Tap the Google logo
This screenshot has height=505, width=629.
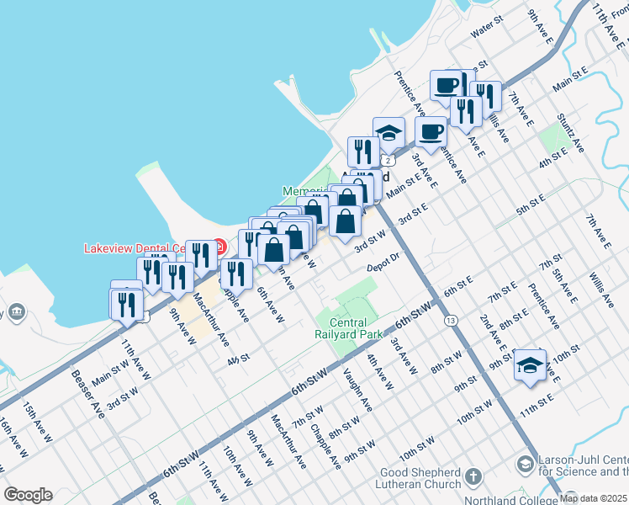[x=28, y=495]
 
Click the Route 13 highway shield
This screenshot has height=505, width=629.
[x=452, y=321]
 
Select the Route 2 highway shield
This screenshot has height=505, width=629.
[x=388, y=159]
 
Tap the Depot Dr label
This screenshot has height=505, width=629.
[x=381, y=268]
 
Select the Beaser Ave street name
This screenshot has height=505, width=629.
[x=87, y=396]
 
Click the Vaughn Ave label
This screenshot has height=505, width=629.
[x=357, y=392]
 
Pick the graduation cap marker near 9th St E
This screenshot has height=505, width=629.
[x=530, y=365]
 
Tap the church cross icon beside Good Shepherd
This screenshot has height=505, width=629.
[x=473, y=477]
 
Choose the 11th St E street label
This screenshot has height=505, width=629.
[x=536, y=401]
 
